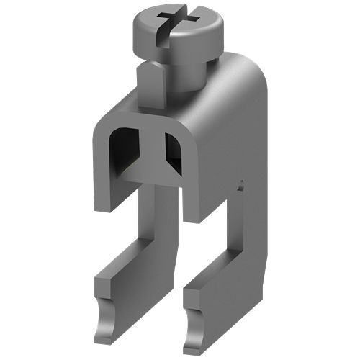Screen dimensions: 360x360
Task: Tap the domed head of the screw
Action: coord(194,32)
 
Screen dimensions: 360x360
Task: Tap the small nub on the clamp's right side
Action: coord(241,186)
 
